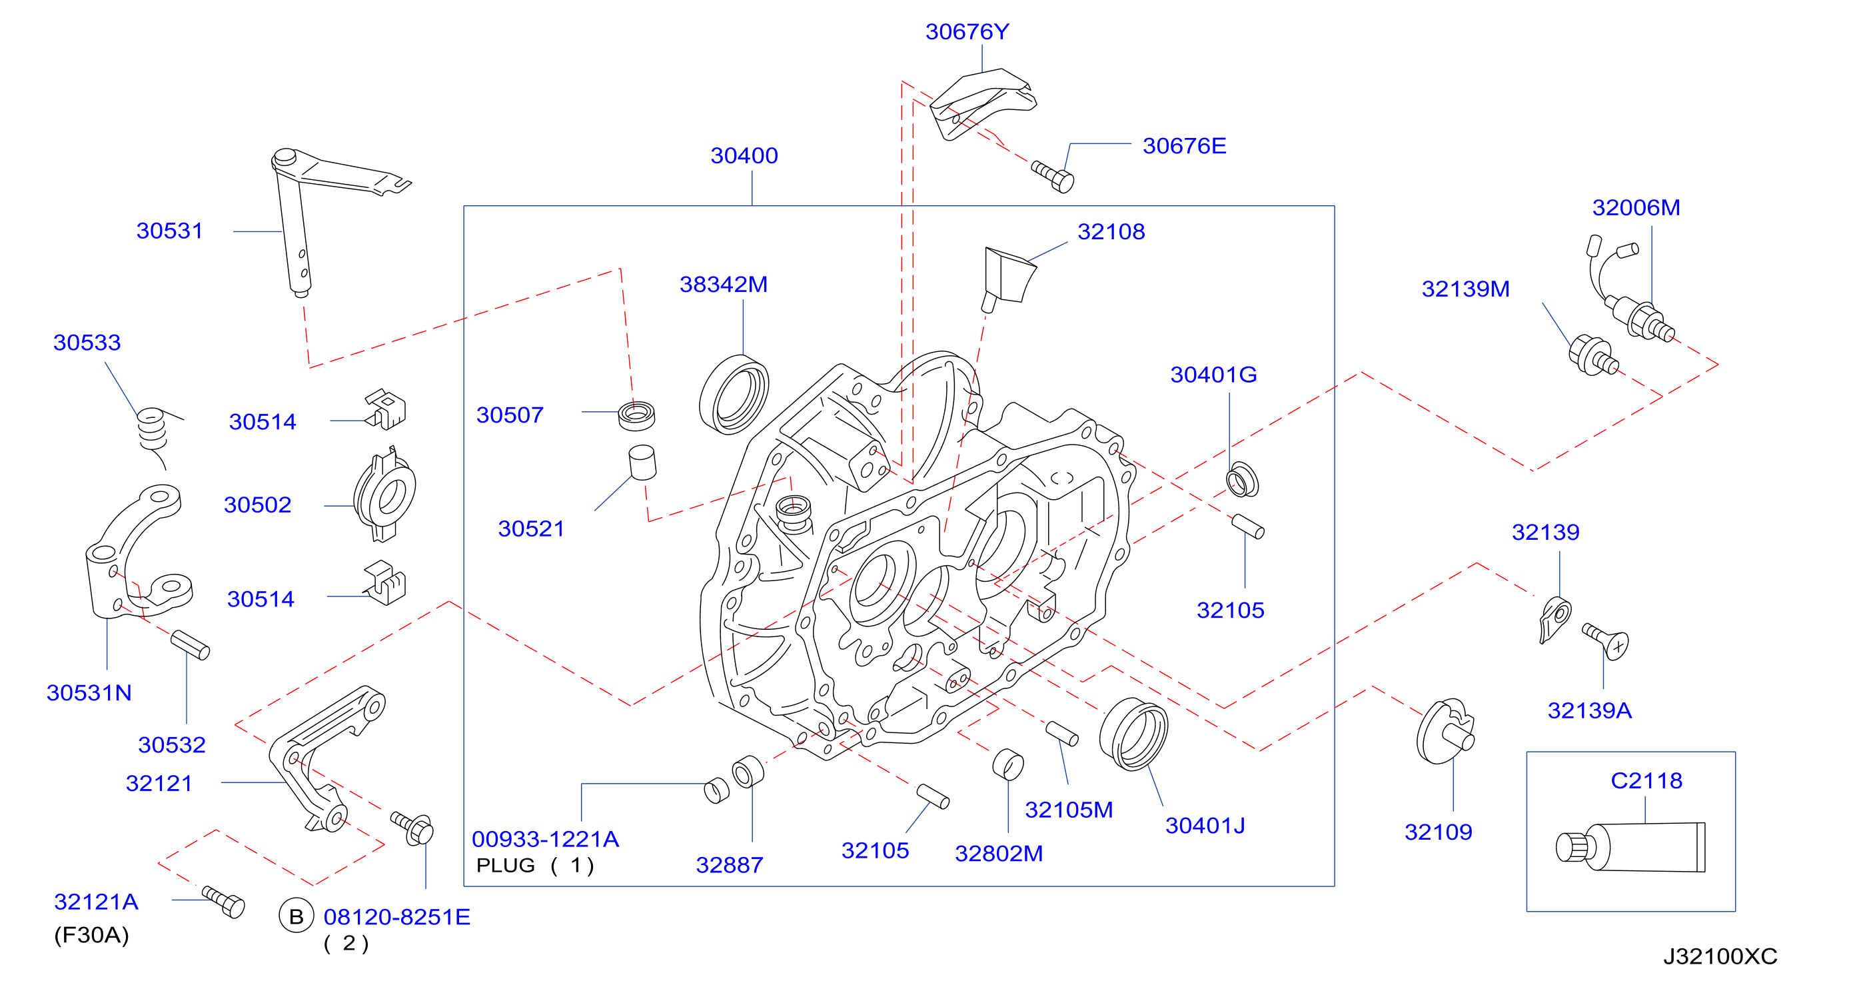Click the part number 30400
(744, 156)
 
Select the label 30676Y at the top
(967, 31)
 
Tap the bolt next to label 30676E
(1053, 177)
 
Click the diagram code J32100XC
(1720, 956)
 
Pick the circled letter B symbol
(296, 916)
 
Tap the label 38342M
(724, 284)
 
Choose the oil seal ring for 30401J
(1133, 734)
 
